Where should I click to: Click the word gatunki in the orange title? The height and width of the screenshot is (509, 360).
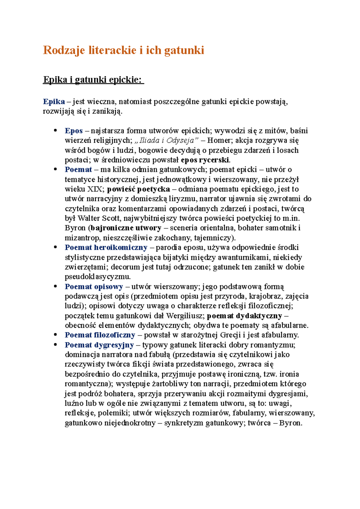[x=184, y=50]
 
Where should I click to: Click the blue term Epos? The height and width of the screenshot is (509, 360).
[x=73, y=131]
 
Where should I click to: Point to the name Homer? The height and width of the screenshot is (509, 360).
[x=218, y=140]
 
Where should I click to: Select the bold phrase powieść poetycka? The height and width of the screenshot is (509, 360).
[x=139, y=189]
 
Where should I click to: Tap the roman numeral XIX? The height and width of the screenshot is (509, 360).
[x=94, y=189]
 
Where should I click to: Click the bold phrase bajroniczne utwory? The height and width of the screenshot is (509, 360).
[x=126, y=228]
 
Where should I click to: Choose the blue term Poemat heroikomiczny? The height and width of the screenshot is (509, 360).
[x=106, y=247]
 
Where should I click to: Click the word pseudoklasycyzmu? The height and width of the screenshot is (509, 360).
[x=98, y=276]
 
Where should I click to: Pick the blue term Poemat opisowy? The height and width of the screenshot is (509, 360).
[x=94, y=287]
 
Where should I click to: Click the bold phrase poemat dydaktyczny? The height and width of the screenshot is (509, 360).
[x=244, y=316]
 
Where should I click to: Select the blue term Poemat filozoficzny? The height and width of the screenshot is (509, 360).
[x=100, y=335]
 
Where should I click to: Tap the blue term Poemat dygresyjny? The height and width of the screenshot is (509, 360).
[x=99, y=345]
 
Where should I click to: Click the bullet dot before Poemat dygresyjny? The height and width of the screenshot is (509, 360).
[x=55, y=345]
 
